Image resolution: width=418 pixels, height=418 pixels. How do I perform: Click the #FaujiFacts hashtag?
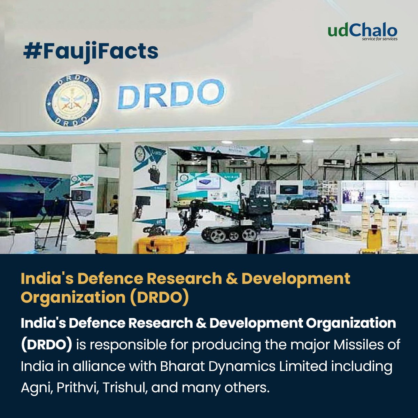click(x=91, y=51)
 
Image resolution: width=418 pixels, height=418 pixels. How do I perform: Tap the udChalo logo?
click(x=362, y=31)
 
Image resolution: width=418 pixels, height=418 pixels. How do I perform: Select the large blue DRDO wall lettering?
click(x=170, y=94)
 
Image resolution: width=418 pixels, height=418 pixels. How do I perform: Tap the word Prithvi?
click(x=75, y=387)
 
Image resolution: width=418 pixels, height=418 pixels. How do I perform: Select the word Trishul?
click(x=125, y=387)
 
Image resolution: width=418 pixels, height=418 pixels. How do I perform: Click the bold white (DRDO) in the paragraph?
click(x=47, y=345)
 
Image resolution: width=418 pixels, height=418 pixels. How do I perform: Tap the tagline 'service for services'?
click(x=380, y=39)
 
